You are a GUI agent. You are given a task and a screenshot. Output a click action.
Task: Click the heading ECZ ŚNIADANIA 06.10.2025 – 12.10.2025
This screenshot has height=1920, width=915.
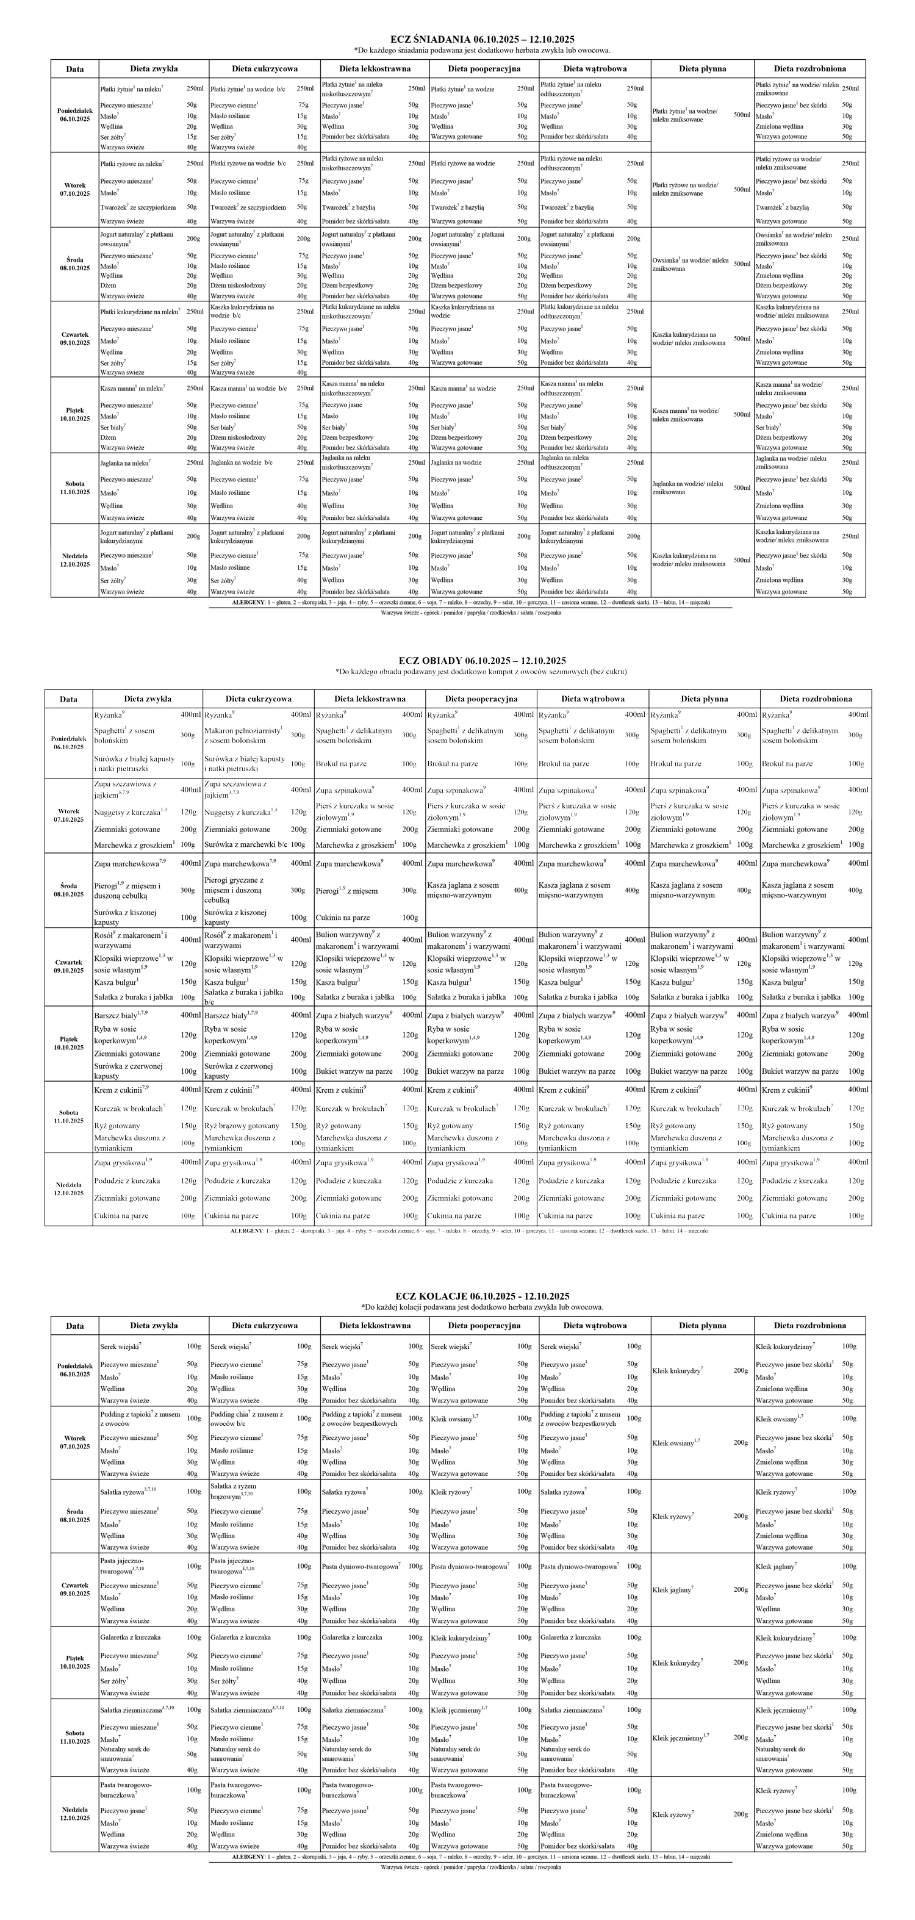(x=482, y=40)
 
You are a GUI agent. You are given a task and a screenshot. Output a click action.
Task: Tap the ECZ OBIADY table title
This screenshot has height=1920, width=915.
(x=482, y=660)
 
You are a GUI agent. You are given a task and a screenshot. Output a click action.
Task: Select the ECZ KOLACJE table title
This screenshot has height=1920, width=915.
(x=482, y=1296)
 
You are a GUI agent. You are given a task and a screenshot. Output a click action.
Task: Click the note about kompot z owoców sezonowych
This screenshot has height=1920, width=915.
(x=482, y=672)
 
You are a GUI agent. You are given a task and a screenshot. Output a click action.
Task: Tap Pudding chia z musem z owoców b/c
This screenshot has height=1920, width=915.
(x=246, y=1418)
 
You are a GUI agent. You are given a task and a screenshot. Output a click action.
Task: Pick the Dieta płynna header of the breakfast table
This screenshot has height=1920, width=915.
(x=702, y=68)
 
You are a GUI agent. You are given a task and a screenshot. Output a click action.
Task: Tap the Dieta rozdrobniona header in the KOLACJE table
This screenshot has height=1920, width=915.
(x=809, y=1325)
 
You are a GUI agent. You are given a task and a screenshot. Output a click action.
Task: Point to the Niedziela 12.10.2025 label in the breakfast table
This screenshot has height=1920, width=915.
(x=74, y=559)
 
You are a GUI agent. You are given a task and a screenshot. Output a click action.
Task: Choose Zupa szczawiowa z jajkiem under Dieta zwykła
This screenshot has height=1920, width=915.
(x=125, y=789)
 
